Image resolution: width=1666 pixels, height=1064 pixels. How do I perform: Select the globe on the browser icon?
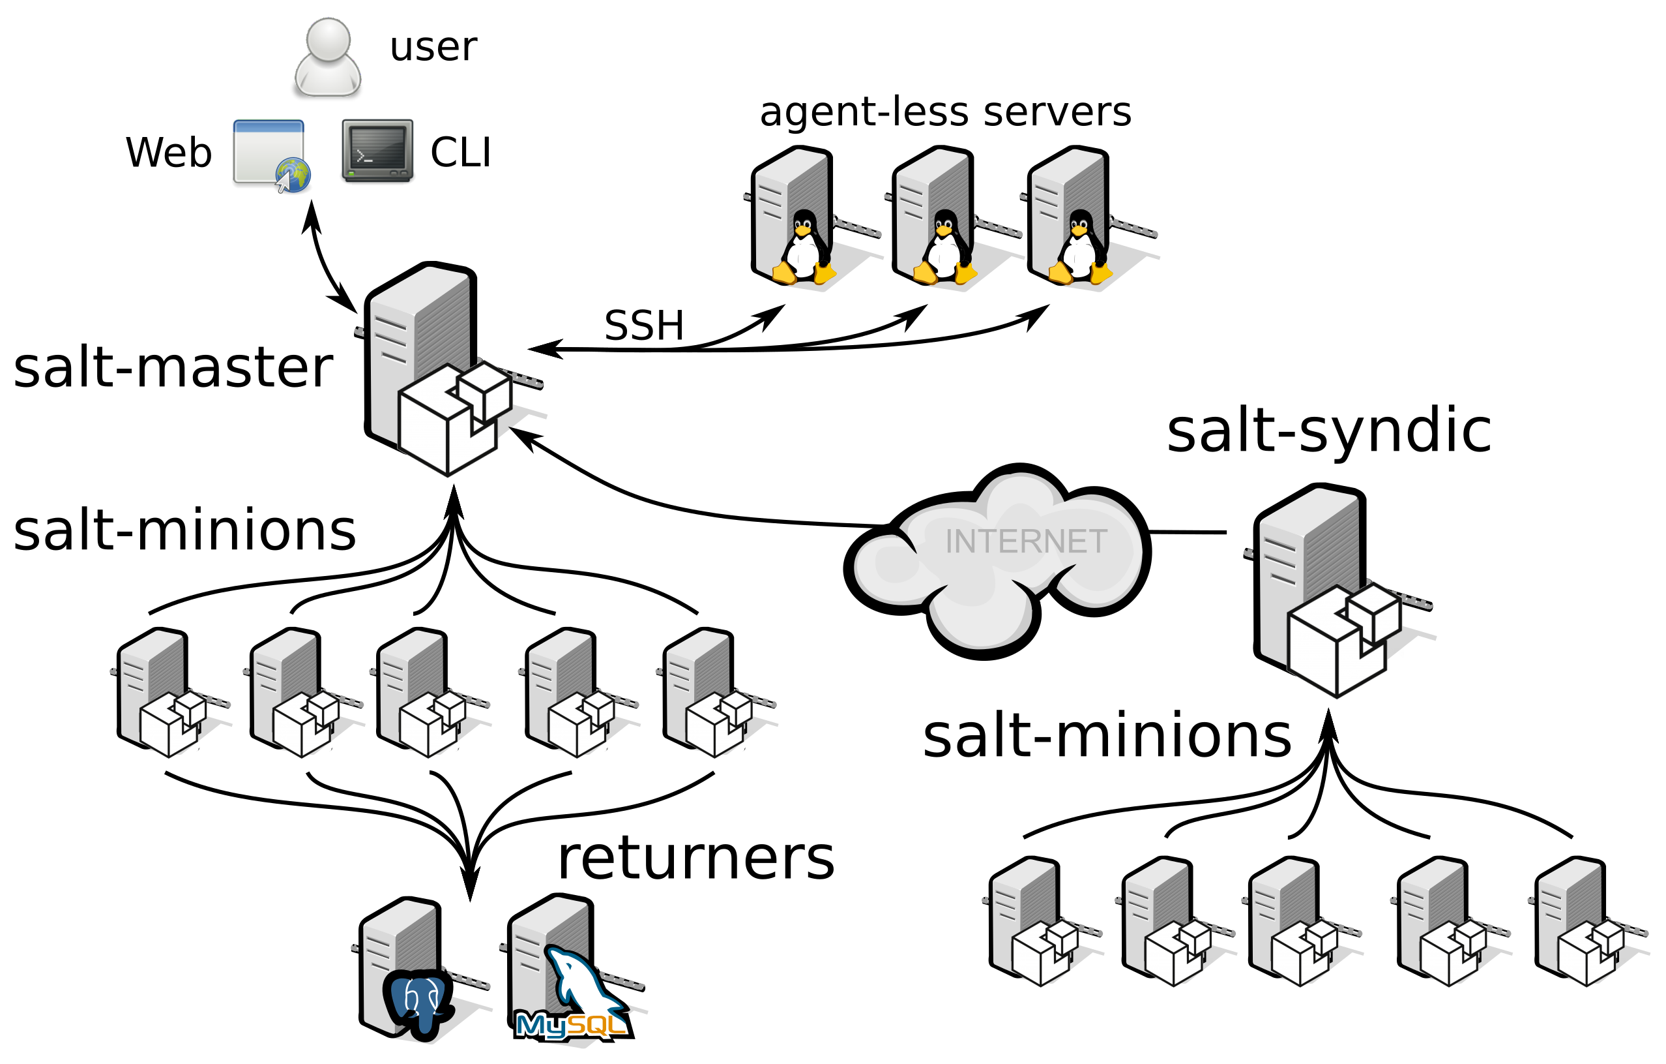click(x=294, y=174)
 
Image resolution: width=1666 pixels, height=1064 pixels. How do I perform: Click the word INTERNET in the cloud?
click(x=1025, y=541)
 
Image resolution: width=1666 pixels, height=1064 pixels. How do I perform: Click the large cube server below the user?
click(x=436, y=367)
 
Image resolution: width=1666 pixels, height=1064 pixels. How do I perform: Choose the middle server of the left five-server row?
click(x=422, y=692)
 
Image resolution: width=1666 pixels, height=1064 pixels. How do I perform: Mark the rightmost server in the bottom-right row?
click(x=1580, y=920)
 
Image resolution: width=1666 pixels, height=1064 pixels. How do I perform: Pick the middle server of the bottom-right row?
click(x=1294, y=920)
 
